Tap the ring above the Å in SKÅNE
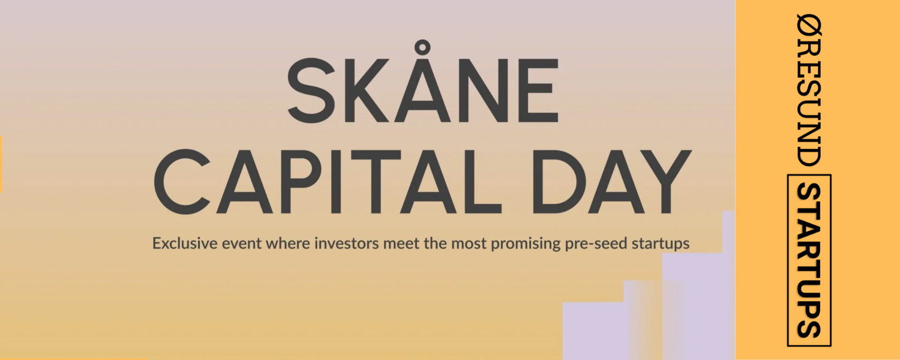pyautogui.click(x=421, y=48)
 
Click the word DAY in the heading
pyautogui.click(x=611, y=182)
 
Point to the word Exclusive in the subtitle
pyautogui.click(x=184, y=244)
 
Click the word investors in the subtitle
pyautogui.click(x=346, y=244)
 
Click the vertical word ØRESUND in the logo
pyautogui.click(x=809, y=90)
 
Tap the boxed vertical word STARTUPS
pyautogui.click(x=809, y=260)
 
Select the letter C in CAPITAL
pyautogui.click(x=182, y=182)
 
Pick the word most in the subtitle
pyautogui.click(x=469, y=244)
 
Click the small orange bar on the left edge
pyautogui.click(x=1, y=164)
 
